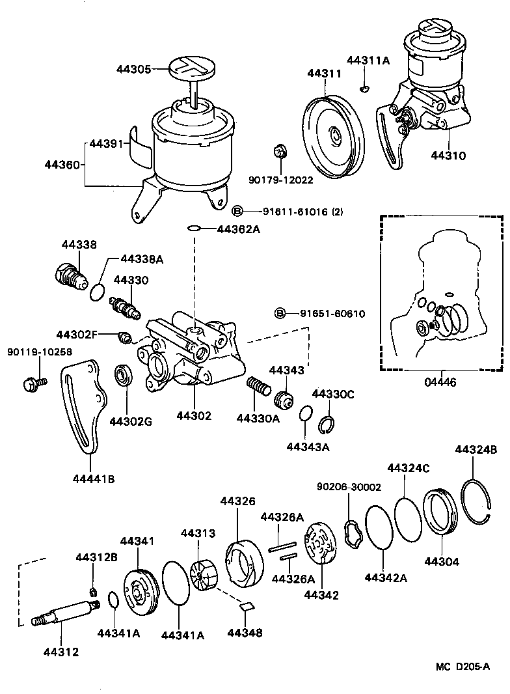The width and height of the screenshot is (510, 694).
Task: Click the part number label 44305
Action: (133, 68)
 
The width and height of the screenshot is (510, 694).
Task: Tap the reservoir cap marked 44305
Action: (189, 66)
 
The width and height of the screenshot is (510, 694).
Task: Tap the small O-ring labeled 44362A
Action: (193, 229)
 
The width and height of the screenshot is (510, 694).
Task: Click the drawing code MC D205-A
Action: (462, 667)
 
